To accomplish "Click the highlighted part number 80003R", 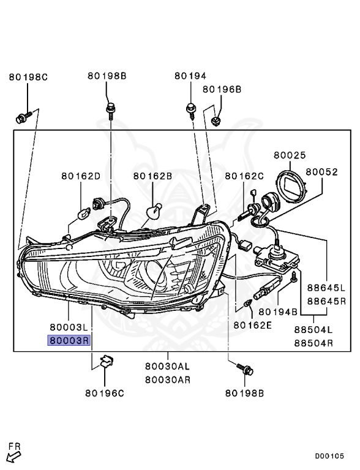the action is pyautogui.click(x=69, y=340).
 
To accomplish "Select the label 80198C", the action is pyautogui.click(x=28, y=77).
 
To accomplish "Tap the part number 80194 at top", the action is pyautogui.click(x=190, y=76).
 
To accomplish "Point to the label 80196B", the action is pyautogui.click(x=222, y=89).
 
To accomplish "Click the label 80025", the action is pyautogui.click(x=290, y=155).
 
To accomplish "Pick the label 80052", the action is pyautogui.click(x=321, y=172).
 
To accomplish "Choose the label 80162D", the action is pyautogui.click(x=81, y=176).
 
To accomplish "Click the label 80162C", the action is pyautogui.click(x=244, y=176).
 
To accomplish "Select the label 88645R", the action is pyautogui.click(x=326, y=300).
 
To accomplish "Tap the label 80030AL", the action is pyautogui.click(x=167, y=366).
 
